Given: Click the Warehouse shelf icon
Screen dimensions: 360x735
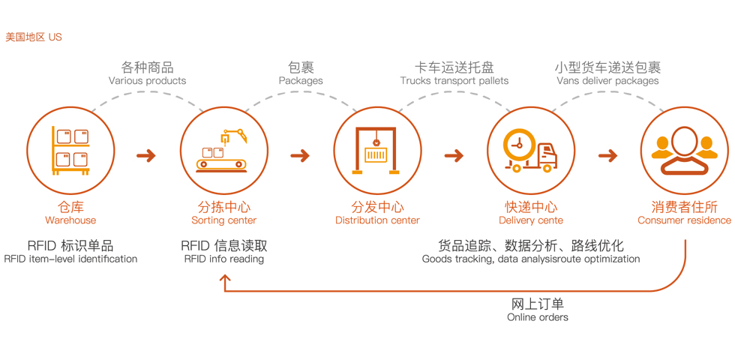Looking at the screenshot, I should [x=70, y=150].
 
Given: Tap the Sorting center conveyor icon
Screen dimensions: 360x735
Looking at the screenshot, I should [x=223, y=150].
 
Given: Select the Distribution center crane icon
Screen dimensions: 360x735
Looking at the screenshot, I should [x=376, y=150].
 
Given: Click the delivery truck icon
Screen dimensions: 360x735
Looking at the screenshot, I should [x=530, y=150].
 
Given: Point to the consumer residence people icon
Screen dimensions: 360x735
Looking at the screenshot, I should [x=684, y=150].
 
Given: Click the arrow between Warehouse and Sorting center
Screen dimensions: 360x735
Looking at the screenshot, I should [x=146, y=156].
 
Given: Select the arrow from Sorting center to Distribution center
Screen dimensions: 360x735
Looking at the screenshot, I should [x=300, y=156].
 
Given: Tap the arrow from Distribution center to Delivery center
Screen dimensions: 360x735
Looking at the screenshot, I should [x=454, y=156].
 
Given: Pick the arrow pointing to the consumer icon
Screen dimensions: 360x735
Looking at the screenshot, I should [x=607, y=156].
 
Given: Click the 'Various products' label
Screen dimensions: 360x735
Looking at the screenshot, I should [x=147, y=81].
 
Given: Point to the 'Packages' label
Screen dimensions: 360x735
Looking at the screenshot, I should [x=301, y=81].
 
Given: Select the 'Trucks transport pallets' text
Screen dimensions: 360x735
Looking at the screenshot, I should [x=454, y=81].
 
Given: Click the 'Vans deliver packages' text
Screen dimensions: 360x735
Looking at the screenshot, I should [x=607, y=81].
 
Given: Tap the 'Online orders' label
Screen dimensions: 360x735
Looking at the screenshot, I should [x=537, y=317].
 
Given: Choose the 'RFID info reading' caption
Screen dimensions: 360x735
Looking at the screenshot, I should [x=223, y=259].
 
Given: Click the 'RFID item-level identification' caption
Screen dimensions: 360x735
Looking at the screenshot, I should [x=70, y=259].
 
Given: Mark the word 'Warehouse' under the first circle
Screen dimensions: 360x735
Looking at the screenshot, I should [x=70, y=220].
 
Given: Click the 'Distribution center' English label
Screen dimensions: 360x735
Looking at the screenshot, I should [x=377, y=220].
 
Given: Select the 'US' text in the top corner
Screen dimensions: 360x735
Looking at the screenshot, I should [x=55, y=37].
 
